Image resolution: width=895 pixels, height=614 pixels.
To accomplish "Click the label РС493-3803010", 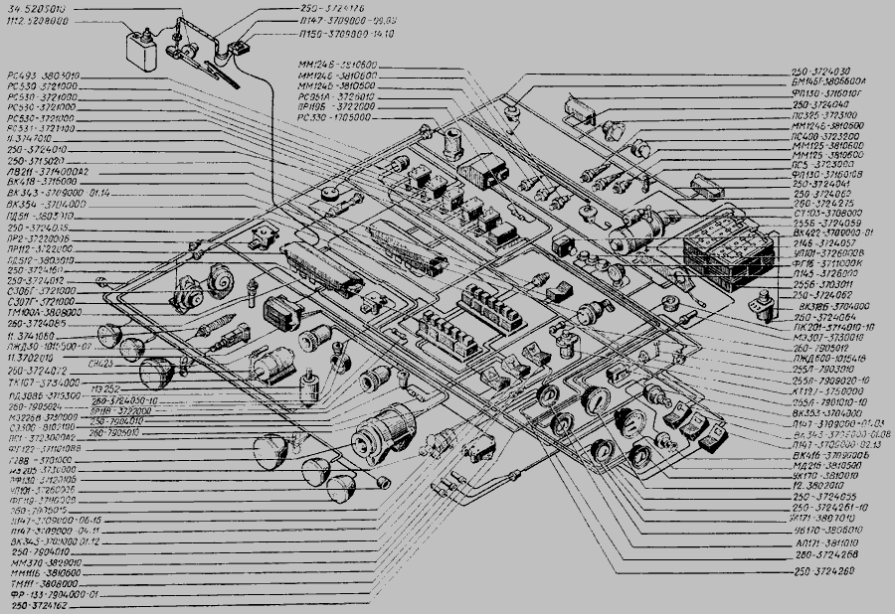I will (x=42, y=76).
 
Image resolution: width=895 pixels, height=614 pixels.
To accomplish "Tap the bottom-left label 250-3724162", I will (x=37, y=603).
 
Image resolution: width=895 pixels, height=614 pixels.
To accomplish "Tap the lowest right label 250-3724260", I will (x=823, y=574).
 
